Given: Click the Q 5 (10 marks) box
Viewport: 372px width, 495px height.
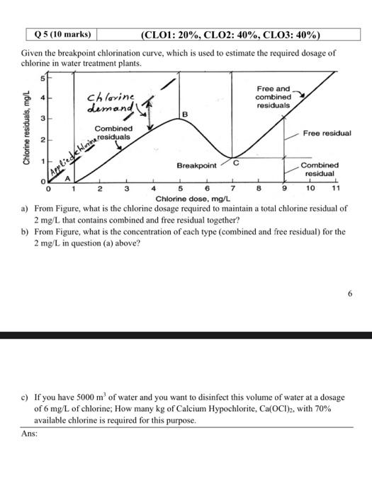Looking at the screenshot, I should point(62,34).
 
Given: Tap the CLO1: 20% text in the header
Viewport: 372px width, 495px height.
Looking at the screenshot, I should point(174,34).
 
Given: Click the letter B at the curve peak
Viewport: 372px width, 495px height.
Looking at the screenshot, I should point(185,114).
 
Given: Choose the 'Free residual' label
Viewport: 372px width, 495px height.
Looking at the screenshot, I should point(327,133).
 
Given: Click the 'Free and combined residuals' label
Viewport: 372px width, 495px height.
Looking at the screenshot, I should point(273,97).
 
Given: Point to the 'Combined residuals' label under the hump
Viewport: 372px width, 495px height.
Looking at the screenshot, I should point(113,133).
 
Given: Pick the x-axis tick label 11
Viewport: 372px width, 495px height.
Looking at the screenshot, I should point(336,190).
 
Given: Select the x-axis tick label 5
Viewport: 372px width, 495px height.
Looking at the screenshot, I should point(180,190).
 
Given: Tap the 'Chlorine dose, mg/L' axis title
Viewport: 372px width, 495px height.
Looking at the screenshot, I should point(190,199).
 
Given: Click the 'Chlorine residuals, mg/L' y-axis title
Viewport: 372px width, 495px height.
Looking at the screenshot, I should point(26,129).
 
